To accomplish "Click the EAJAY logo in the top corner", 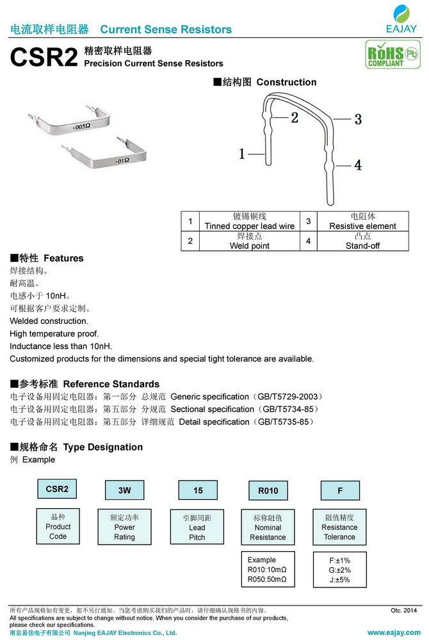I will [x=401, y=19].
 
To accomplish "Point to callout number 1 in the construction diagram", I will [x=243, y=154].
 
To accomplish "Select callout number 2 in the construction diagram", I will [x=295, y=117].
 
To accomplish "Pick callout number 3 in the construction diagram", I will [x=358, y=118].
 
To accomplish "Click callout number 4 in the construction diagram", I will [x=358, y=164].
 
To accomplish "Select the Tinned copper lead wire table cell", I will [x=250, y=221].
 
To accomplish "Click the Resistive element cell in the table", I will [x=362, y=221].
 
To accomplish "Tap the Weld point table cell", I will [x=250, y=241].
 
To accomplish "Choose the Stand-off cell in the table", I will [x=362, y=241].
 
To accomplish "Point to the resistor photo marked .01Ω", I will [x=109, y=154].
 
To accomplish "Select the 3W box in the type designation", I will [x=124, y=490].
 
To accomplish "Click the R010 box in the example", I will [x=268, y=490].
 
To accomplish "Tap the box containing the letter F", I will [x=339, y=490].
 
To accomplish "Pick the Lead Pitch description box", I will [x=197, y=527].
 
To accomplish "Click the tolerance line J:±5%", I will [x=339, y=580].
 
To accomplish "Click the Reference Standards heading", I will [x=76, y=384].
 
